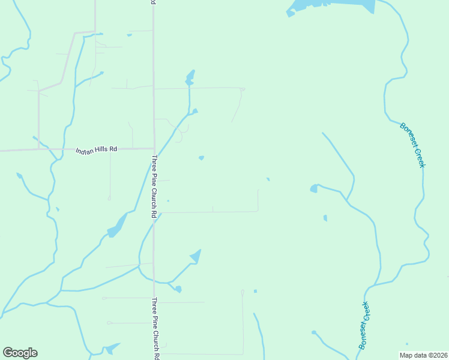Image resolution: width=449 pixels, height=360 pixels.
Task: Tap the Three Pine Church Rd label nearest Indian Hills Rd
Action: pyautogui.click(x=154, y=187)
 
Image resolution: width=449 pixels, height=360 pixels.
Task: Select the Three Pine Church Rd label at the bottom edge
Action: pyautogui.click(x=155, y=328)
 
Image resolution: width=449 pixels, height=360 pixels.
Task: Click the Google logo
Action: pyautogui.click(x=20, y=353)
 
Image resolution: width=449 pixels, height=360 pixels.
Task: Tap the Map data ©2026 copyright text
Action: pyautogui.click(x=424, y=355)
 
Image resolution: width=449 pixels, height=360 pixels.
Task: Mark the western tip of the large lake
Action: pyautogui.click(x=289, y=13)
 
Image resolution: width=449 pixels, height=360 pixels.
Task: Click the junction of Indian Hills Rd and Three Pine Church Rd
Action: pyautogui.click(x=154, y=148)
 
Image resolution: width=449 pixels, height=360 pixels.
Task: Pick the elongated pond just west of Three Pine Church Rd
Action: pyautogui.click(x=116, y=227)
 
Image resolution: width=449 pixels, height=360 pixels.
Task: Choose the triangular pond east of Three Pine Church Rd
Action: pyautogui.click(x=196, y=256)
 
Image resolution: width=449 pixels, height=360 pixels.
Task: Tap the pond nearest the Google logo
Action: pyautogui.click(x=112, y=348)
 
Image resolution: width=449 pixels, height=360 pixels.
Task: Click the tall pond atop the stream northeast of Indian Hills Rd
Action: pyautogui.click(x=190, y=78)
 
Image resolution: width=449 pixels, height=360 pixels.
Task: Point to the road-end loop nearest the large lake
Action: pyautogui.click(x=242, y=89)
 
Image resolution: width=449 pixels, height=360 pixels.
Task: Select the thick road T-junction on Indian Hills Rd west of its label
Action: pyautogui.click(x=39, y=149)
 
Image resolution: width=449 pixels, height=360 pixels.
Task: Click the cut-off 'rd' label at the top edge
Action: pyautogui.click(x=154, y=2)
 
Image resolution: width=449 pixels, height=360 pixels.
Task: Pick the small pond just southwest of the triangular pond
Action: pyautogui.click(x=178, y=289)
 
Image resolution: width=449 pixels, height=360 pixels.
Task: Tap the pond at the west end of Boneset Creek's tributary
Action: pyautogui.click(x=313, y=189)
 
